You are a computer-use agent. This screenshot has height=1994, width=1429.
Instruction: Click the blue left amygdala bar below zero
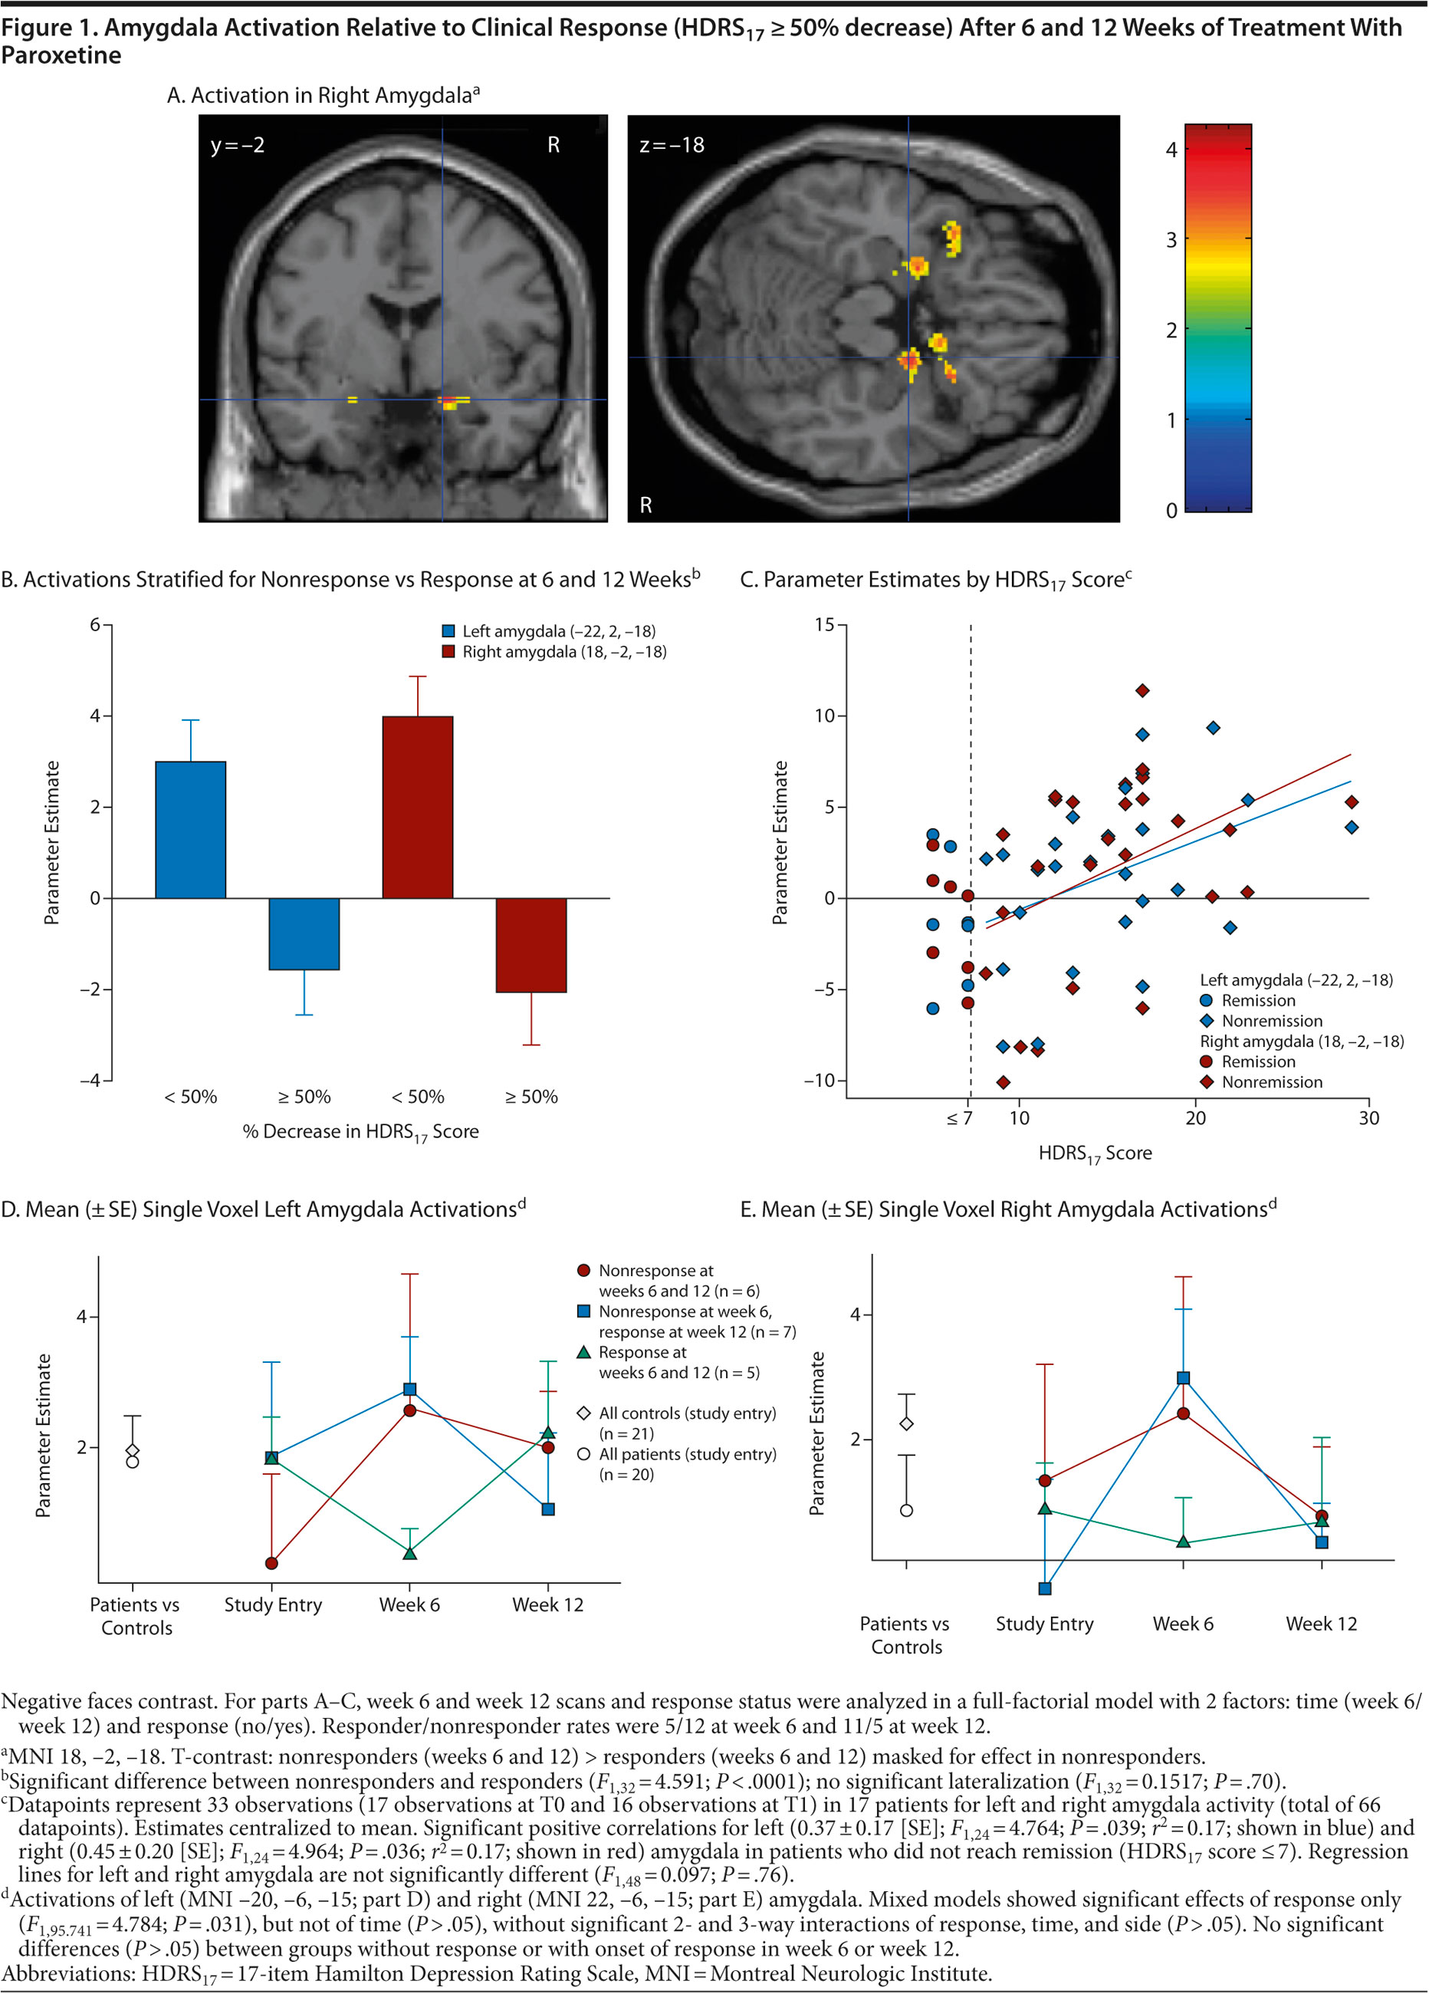[304, 933]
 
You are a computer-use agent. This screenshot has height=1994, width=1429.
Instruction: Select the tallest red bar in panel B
[418, 806]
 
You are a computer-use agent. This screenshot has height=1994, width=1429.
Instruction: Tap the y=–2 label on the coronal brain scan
[238, 145]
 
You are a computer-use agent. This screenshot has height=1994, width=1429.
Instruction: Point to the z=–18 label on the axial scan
[672, 145]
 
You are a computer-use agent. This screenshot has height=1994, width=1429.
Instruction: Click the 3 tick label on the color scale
[1171, 240]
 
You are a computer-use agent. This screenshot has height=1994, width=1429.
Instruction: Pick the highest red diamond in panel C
[1142, 691]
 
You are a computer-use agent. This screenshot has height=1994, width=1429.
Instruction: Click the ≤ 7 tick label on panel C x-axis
[959, 1118]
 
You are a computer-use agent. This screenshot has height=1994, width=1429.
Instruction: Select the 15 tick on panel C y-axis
[823, 625]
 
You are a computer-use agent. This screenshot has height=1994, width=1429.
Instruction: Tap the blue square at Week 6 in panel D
[409, 1389]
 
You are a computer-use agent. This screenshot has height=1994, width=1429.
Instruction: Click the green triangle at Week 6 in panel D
[409, 1554]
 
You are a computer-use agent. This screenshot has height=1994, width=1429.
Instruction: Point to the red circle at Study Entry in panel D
[271, 1563]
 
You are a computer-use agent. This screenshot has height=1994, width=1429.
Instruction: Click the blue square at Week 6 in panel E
[1183, 1377]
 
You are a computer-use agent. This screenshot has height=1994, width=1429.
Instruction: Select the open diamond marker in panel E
[906, 1423]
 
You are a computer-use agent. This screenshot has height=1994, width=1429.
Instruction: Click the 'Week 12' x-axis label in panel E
[1321, 1624]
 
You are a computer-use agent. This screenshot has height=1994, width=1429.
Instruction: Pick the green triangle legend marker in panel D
[583, 1352]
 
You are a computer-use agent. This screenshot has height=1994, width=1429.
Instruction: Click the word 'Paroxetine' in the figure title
[61, 55]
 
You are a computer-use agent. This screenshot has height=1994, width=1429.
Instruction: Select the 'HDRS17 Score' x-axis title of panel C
[1094, 1153]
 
